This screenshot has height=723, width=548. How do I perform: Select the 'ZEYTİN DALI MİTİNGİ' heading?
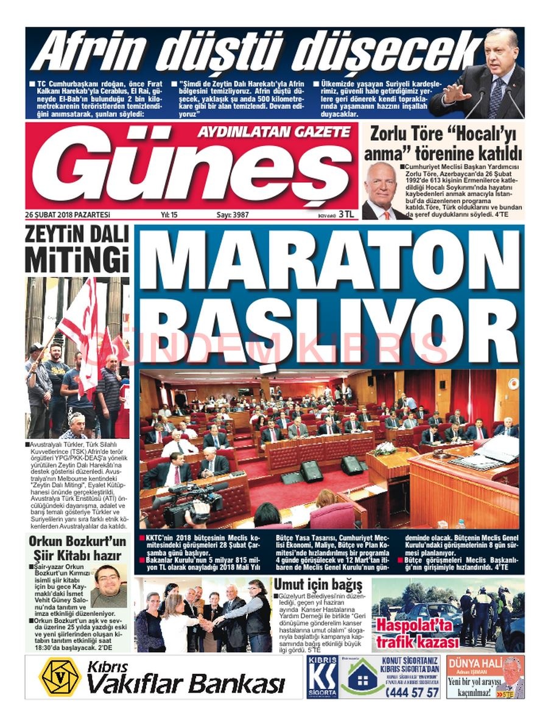(77, 249)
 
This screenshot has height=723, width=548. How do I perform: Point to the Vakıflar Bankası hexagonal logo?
(59, 677)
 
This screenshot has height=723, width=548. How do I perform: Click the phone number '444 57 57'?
(413, 692)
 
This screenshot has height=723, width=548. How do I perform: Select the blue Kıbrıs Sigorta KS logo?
(321, 677)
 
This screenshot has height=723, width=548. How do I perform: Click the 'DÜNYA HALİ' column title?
(474, 663)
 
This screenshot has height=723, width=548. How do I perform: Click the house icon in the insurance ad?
(363, 680)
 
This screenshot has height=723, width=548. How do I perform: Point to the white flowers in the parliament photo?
(385, 449)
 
